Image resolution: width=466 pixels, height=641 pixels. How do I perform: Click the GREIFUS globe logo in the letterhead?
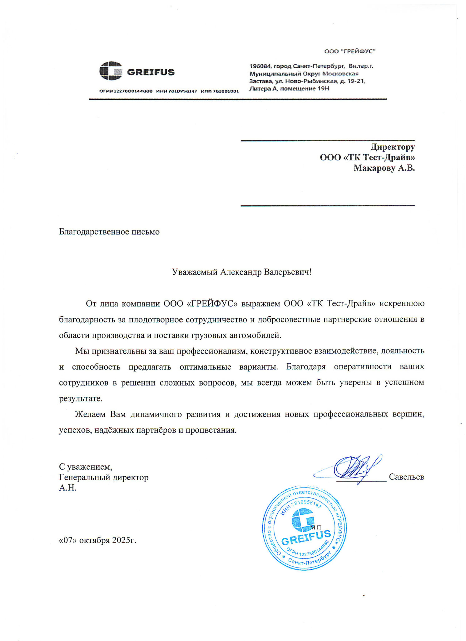[111, 71]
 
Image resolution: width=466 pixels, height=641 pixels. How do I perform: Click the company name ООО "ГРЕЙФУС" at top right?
[349, 51]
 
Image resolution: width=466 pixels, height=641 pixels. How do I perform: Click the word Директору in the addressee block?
[393, 147]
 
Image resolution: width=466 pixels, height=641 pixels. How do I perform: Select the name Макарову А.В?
[384, 168]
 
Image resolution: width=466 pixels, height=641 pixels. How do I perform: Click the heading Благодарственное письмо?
[109, 232]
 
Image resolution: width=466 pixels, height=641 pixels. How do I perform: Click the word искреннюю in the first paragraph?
[402, 304]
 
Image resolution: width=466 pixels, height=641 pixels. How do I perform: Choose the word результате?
[81, 399]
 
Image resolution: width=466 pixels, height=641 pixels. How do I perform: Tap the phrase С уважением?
[86, 467]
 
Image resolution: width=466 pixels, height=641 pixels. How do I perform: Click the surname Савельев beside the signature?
[406, 477]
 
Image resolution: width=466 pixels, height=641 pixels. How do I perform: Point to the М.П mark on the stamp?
[315, 527]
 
